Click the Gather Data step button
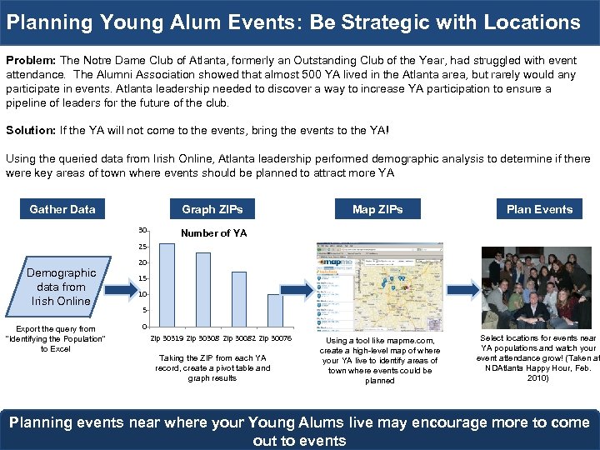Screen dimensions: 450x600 coord(62,209)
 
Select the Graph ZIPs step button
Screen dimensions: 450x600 coord(212,209)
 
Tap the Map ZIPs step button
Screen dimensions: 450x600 coord(377,209)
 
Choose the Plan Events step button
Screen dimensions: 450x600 coord(539,209)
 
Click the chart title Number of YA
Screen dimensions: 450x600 coord(214,233)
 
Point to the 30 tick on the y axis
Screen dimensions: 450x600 coord(143,230)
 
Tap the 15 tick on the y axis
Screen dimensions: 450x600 coord(143,278)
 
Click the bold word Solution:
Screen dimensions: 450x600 coord(31,131)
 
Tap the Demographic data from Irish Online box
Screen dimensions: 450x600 coord(61,287)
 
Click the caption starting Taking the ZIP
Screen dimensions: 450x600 coord(212,367)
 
